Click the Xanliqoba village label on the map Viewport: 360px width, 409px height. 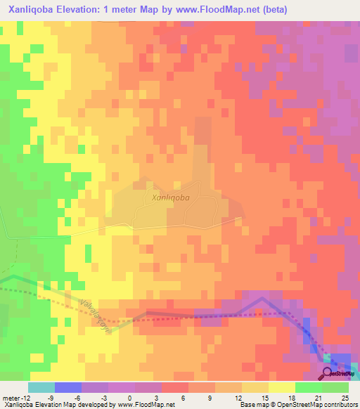[x=171, y=198]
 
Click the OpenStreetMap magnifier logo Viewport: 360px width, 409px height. [x=328, y=373]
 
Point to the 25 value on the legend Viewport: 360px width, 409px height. [x=345, y=398]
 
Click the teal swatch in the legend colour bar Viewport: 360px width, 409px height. [x=41, y=387]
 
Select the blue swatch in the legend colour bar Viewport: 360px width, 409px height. [x=68, y=387]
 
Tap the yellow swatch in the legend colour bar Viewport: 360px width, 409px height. [x=282, y=387]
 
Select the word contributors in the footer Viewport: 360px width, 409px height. [x=335, y=405]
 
